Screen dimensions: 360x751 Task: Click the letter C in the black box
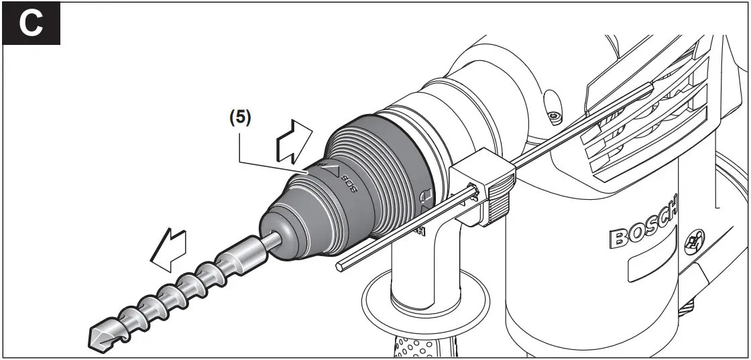31,23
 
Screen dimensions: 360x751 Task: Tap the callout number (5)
240,118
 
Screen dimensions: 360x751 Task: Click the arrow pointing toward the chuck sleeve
293,143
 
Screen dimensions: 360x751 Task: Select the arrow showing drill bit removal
168,249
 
